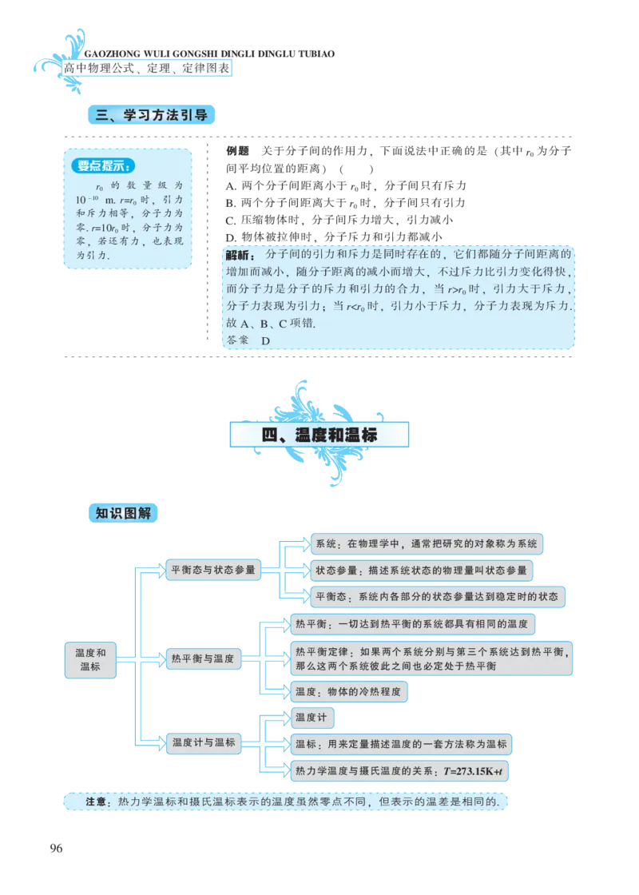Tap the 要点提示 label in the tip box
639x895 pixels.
point(104,166)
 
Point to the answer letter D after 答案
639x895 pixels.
point(266,340)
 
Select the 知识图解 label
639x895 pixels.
point(122,513)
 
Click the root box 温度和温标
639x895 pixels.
point(90,659)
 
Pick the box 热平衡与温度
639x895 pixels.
point(202,659)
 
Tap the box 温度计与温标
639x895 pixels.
point(204,742)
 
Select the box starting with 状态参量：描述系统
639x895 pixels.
point(420,571)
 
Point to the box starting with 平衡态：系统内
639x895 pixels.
point(436,597)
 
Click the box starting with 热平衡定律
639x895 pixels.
point(431,658)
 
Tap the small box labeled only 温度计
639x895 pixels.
point(311,718)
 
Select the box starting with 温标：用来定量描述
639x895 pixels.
point(401,744)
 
